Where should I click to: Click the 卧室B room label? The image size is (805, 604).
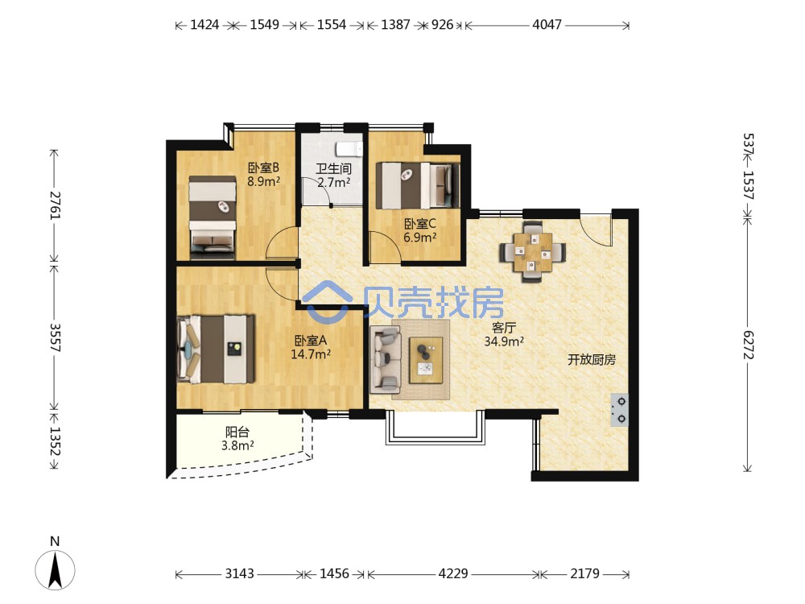[263, 168]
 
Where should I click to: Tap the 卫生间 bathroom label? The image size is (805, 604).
[334, 168]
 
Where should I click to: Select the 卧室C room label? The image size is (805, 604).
[420, 223]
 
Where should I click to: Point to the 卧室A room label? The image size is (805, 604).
[311, 341]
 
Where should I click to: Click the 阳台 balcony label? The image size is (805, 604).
[237, 432]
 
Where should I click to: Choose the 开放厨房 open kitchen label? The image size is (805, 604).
[592, 359]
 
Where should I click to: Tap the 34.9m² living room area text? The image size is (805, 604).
[504, 341]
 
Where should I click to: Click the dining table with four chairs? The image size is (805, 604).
[532, 251]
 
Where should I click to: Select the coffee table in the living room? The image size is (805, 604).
[426, 360]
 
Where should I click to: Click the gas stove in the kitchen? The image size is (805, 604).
[620, 410]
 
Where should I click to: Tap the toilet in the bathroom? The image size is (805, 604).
[349, 149]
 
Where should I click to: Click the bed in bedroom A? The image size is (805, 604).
[216, 350]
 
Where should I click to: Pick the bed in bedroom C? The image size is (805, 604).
[417, 185]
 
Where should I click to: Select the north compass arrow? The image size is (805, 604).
[55, 569]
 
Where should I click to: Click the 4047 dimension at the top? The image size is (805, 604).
[547, 24]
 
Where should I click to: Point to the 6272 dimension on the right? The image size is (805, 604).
[749, 345]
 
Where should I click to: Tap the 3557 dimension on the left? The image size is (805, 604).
[55, 337]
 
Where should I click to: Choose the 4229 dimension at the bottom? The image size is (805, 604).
[453, 573]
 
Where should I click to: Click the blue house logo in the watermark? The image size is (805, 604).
[327, 301]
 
